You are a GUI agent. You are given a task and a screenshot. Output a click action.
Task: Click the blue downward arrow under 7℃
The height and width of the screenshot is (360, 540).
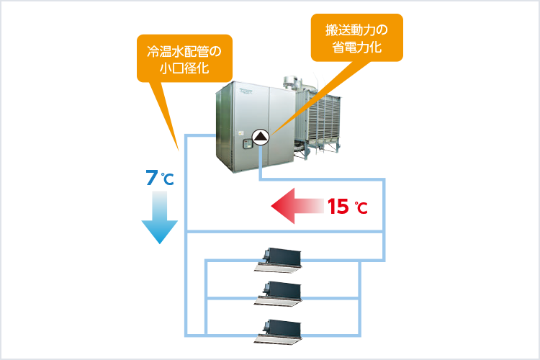pos(158,220)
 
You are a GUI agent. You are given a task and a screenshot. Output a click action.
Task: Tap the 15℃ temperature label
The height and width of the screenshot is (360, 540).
pos(347,207)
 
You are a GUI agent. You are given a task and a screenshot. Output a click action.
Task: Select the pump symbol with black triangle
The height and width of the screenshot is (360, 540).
pos(260,137)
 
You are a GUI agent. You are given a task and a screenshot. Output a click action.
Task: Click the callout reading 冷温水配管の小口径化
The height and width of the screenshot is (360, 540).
pos(184,60)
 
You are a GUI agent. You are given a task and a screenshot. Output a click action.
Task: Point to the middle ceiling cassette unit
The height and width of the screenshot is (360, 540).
pos(280,292)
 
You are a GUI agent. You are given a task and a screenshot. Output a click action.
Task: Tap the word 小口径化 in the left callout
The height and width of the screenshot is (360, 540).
pos(184,70)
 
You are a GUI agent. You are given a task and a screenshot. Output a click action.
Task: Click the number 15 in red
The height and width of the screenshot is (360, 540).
pos(338,207)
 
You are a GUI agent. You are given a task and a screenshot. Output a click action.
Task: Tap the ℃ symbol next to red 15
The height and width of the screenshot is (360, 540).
pos(361,209)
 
